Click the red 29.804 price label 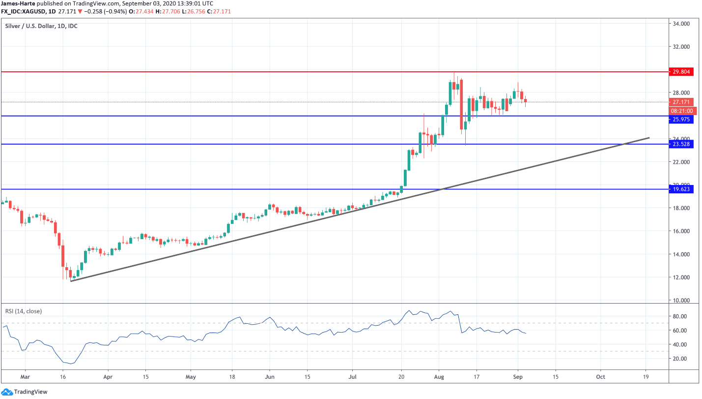(x=682, y=72)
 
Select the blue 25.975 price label (x=682, y=120)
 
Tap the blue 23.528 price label (x=682, y=144)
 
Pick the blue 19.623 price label (x=682, y=189)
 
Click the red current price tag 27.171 (x=682, y=102)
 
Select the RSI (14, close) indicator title (x=24, y=311)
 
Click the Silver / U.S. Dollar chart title (x=41, y=26)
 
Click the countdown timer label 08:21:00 (x=682, y=111)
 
